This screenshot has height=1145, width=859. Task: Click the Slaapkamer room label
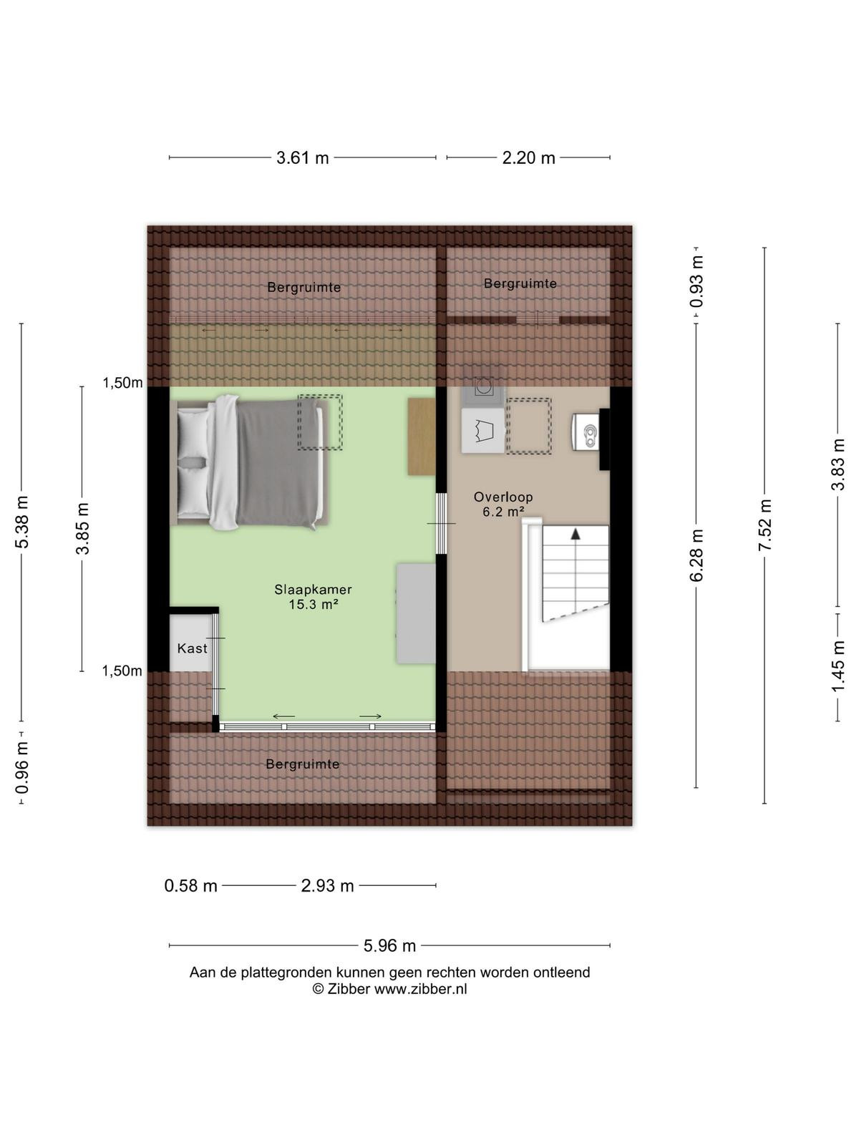coord(313,590)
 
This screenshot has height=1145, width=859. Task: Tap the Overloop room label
coord(503,497)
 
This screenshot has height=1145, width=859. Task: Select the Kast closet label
coord(193,648)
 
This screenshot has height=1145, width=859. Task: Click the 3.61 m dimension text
coord(303,157)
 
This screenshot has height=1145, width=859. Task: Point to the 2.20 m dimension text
coord(528,157)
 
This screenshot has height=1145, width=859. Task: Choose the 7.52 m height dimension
coord(765,525)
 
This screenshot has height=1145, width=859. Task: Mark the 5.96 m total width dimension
coord(389,945)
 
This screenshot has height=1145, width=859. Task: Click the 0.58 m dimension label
coord(191,886)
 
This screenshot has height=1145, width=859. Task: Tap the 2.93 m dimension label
coord(328,886)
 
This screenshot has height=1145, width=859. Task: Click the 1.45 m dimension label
coord(838,667)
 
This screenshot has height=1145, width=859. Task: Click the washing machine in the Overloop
coord(483,387)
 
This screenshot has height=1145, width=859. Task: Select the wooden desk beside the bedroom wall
coord(422,436)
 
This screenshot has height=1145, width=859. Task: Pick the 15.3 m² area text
coord(314,605)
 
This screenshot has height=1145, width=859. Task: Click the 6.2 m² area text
coord(503,512)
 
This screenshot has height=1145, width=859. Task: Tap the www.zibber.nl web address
coord(420,989)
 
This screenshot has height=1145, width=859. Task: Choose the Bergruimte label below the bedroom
coord(303,765)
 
